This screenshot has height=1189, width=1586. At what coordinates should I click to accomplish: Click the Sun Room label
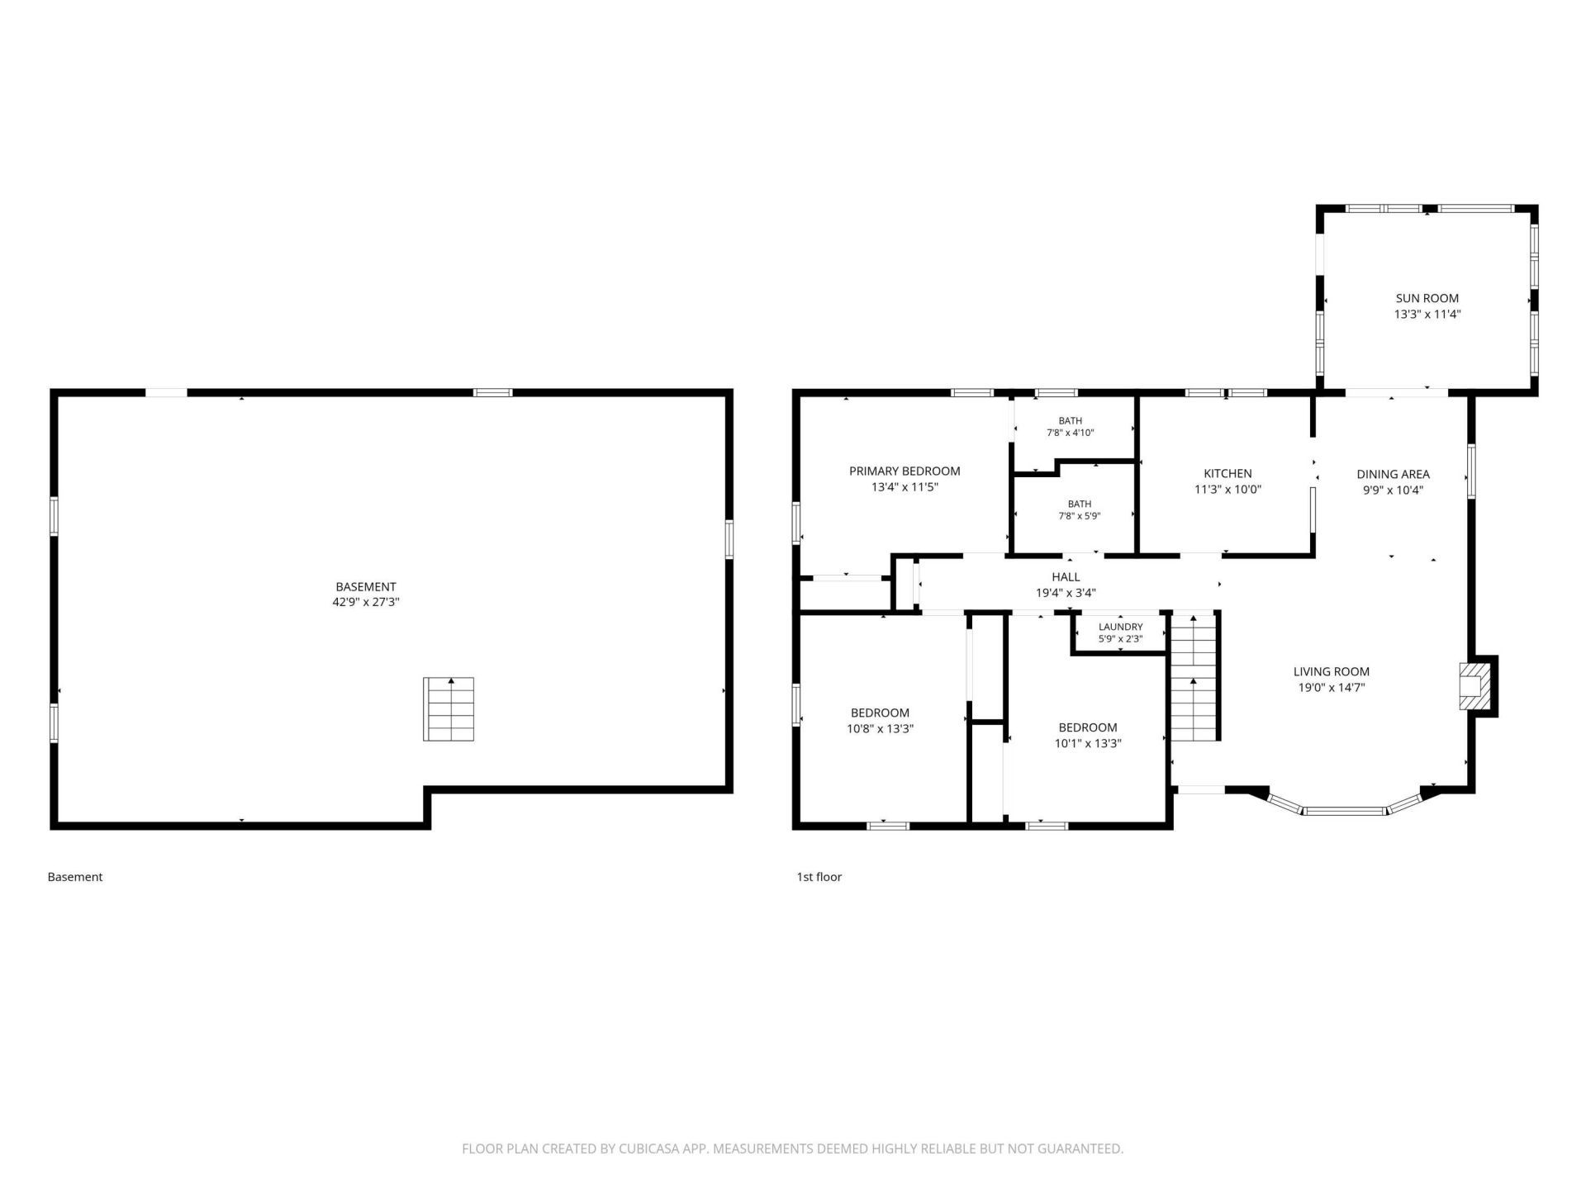(x=1427, y=298)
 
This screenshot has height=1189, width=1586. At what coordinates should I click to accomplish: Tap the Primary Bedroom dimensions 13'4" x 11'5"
(x=905, y=487)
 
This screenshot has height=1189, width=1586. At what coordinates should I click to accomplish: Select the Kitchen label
(x=1227, y=473)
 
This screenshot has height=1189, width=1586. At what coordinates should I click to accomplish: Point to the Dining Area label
(x=1393, y=474)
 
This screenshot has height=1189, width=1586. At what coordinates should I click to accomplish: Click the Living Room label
(x=1332, y=671)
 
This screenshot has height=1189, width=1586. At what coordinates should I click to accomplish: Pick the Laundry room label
(x=1121, y=627)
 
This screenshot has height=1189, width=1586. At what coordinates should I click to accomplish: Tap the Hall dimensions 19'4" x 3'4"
(x=1066, y=593)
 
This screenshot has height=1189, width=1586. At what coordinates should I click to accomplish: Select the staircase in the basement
(x=449, y=708)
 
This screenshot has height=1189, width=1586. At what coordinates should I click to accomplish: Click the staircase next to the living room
(x=1194, y=677)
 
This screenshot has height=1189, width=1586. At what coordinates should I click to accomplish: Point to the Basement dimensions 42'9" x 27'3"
(x=366, y=603)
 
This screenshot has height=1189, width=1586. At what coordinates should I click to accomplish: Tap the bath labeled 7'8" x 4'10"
(x=1071, y=426)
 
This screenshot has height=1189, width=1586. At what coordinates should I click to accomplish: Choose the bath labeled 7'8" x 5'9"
(x=1080, y=509)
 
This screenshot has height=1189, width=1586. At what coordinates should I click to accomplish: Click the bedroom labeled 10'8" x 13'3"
(x=880, y=720)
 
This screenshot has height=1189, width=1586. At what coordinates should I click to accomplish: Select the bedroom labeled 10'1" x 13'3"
(x=1088, y=735)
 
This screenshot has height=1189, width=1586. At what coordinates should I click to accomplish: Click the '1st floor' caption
(x=819, y=877)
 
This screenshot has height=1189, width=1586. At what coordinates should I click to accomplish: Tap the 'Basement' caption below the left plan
(x=75, y=877)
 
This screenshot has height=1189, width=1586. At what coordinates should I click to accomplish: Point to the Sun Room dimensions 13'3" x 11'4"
(x=1427, y=314)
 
